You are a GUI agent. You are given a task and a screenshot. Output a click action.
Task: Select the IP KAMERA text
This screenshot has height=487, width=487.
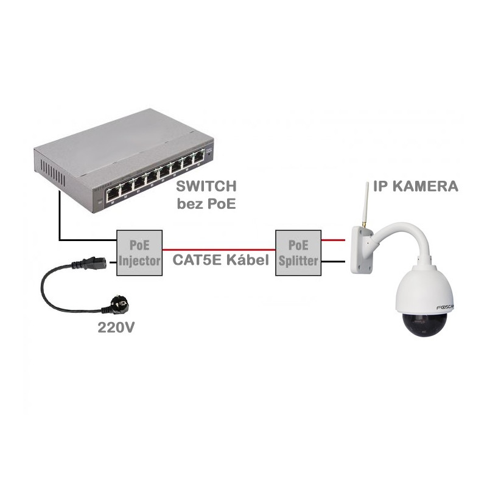[416, 186]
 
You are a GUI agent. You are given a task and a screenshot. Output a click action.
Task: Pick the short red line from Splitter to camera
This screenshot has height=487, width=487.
[332, 240]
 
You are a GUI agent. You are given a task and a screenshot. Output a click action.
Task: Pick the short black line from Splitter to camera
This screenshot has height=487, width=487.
[332, 262]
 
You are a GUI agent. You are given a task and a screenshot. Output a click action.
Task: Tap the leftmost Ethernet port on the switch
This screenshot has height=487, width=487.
[114, 195]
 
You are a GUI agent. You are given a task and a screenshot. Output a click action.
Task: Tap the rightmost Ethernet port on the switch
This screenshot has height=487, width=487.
[198, 159]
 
